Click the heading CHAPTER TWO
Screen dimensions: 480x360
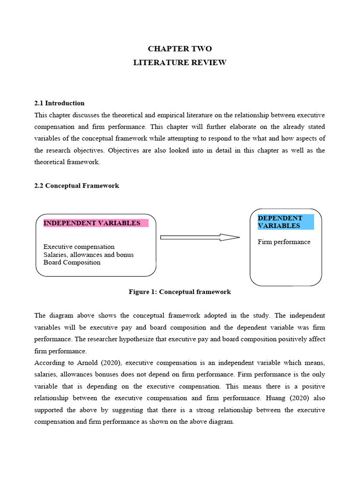point(180,49)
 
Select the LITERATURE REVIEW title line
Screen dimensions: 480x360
point(180,62)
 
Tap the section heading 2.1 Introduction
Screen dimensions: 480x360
point(60,103)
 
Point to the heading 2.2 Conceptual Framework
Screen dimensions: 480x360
point(77,186)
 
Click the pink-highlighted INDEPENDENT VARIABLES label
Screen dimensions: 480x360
point(92,223)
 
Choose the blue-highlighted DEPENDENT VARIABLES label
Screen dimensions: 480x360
point(280,222)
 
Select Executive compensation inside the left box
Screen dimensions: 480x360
point(79,247)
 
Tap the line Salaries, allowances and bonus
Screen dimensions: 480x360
point(89,255)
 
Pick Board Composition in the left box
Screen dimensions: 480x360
point(72,262)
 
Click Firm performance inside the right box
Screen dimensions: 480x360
point(284,242)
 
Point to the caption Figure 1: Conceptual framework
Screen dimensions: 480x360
point(180,292)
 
